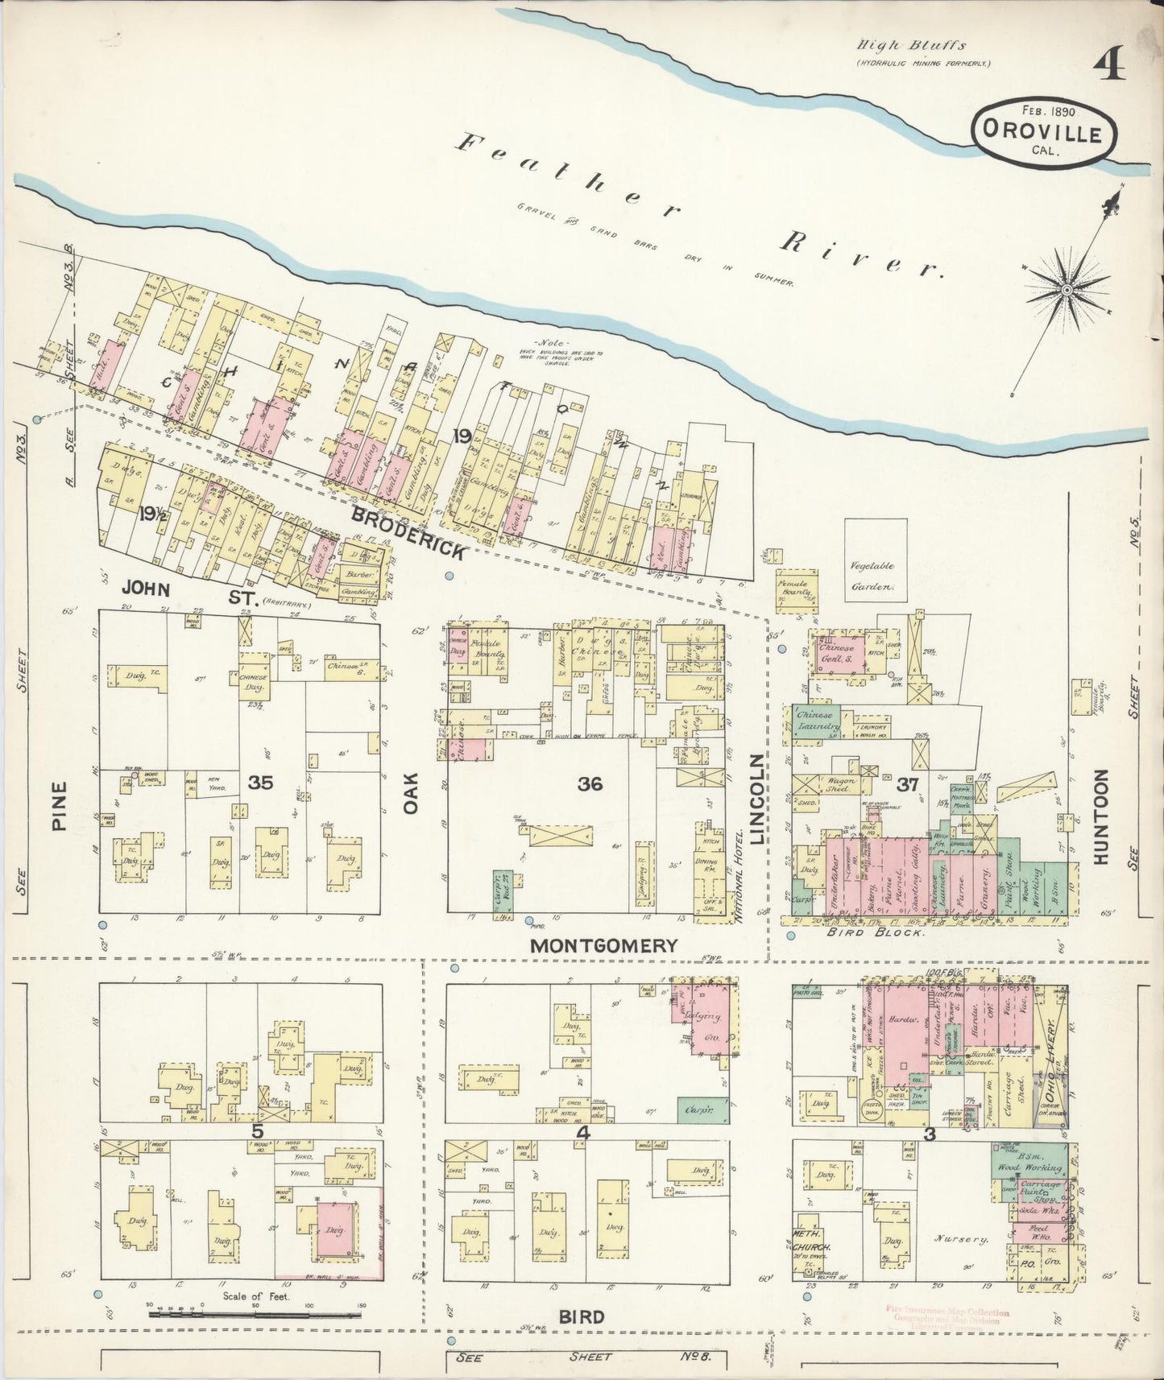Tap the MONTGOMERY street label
click(x=603, y=946)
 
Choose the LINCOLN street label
click(x=757, y=799)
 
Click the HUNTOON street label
click(x=1101, y=816)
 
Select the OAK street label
click(x=412, y=793)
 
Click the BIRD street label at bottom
click(x=582, y=1317)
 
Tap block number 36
click(x=590, y=783)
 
